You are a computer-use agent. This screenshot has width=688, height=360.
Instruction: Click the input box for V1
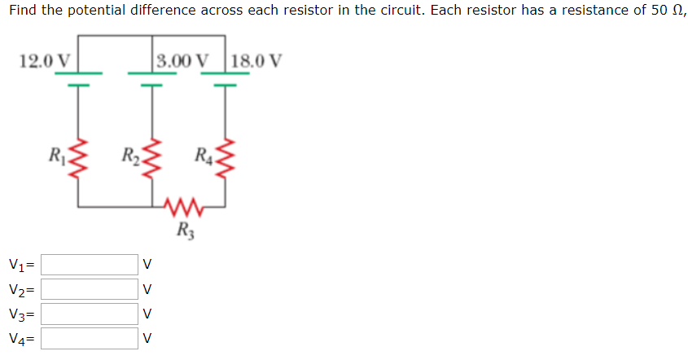(90, 264)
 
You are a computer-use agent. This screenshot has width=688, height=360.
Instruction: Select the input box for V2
(90, 289)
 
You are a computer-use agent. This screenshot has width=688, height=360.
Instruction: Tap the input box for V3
(90, 314)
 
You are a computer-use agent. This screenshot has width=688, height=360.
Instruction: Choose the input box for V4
(90, 338)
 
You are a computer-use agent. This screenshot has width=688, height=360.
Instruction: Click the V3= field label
(22, 314)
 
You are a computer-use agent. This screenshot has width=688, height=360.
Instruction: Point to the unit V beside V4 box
(147, 338)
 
